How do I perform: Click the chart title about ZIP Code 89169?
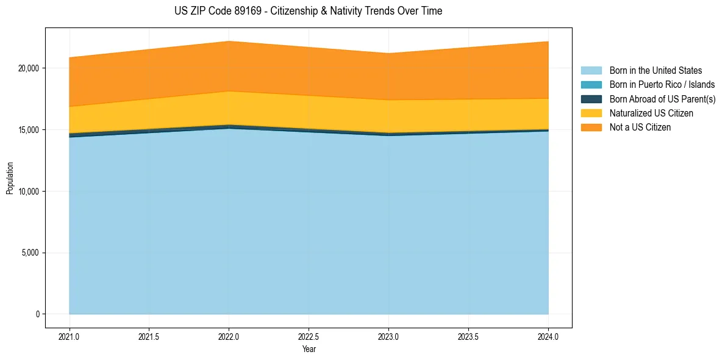point(309,11)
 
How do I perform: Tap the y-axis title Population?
point(10,178)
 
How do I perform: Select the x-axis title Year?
point(309,350)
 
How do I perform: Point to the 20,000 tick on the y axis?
point(28,68)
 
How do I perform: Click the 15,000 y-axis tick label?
point(28,130)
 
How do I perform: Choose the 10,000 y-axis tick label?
point(28,192)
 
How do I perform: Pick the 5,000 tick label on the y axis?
point(30,253)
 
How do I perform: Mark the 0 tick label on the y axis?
point(37,314)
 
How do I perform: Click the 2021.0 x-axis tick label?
point(70,336)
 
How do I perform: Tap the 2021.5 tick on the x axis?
point(149,336)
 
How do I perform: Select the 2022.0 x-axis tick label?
point(229,336)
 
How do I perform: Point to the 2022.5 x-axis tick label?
point(309,336)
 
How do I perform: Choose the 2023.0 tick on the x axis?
point(389,336)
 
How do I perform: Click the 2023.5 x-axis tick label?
point(468,336)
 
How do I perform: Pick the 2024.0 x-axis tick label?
point(548,336)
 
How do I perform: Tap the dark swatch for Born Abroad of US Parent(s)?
point(591,99)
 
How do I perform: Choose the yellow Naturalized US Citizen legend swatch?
point(591,113)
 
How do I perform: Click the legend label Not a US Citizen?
point(640,128)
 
